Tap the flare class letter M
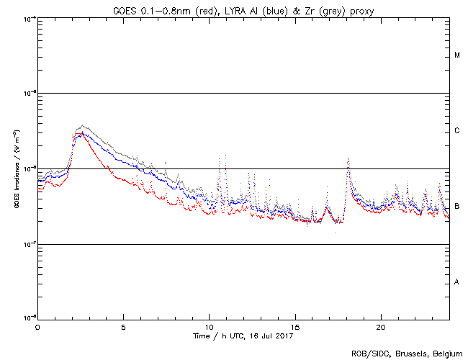(x=457, y=55)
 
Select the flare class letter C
(x=457, y=131)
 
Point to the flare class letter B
(x=457, y=207)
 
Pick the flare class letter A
(x=457, y=282)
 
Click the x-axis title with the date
(x=243, y=336)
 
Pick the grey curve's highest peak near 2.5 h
(x=83, y=125)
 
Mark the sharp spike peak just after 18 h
(x=348, y=158)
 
